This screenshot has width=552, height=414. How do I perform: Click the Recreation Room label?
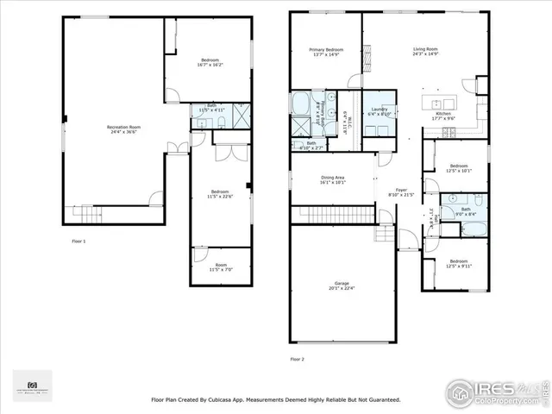124,127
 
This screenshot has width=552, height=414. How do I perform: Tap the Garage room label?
342,284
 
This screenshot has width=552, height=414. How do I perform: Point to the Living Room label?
426,50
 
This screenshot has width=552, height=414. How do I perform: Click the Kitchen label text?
443,114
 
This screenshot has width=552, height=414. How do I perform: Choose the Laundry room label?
379,109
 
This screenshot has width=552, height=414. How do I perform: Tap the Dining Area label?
333,177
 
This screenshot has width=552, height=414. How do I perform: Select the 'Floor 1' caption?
78,241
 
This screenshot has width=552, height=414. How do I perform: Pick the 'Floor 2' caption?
297,358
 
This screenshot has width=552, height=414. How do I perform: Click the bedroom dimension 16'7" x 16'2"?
210,65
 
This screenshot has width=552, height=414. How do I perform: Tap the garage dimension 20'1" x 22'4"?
342,289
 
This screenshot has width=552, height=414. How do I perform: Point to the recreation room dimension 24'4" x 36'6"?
124,132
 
